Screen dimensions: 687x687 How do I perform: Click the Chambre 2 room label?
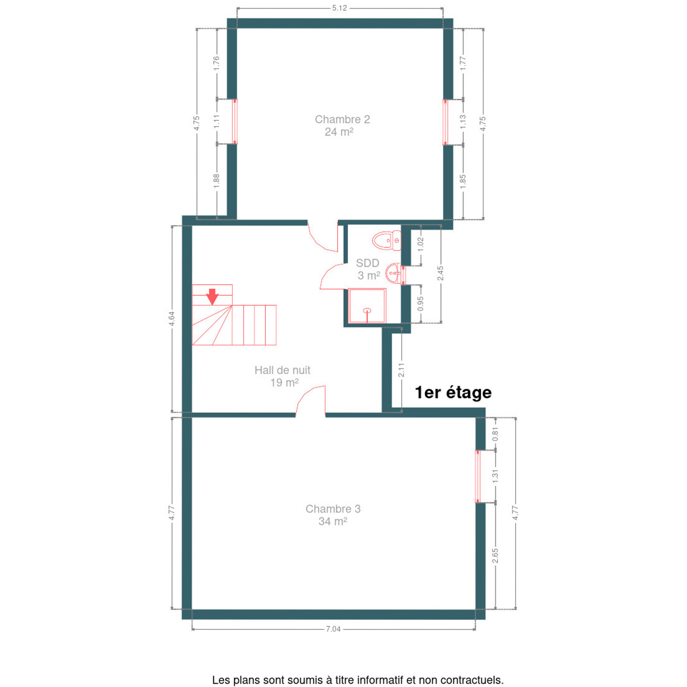(342, 125)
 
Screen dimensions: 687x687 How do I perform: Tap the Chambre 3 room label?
(333, 515)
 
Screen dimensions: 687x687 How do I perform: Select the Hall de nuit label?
(282, 376)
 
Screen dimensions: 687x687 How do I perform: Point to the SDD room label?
(368, 269)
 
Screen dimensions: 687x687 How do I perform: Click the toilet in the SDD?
(386, 240)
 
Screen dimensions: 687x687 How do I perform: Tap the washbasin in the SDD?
(394, 273)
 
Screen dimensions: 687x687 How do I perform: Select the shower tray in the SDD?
(367, 305)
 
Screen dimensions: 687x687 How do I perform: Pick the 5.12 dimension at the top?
(339, 8)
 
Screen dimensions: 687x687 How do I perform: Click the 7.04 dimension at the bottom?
(333, 629)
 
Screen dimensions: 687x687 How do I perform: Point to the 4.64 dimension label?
(172, 318)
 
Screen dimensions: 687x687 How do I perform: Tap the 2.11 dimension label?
(401, 370)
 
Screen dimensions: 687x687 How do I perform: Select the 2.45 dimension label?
(441, 273)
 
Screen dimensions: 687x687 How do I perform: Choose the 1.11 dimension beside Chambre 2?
(217, 122)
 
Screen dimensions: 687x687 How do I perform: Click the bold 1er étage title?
(453, 393)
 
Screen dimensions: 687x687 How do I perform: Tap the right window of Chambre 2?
(445, 122)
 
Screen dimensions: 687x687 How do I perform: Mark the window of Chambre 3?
(478, 477)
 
